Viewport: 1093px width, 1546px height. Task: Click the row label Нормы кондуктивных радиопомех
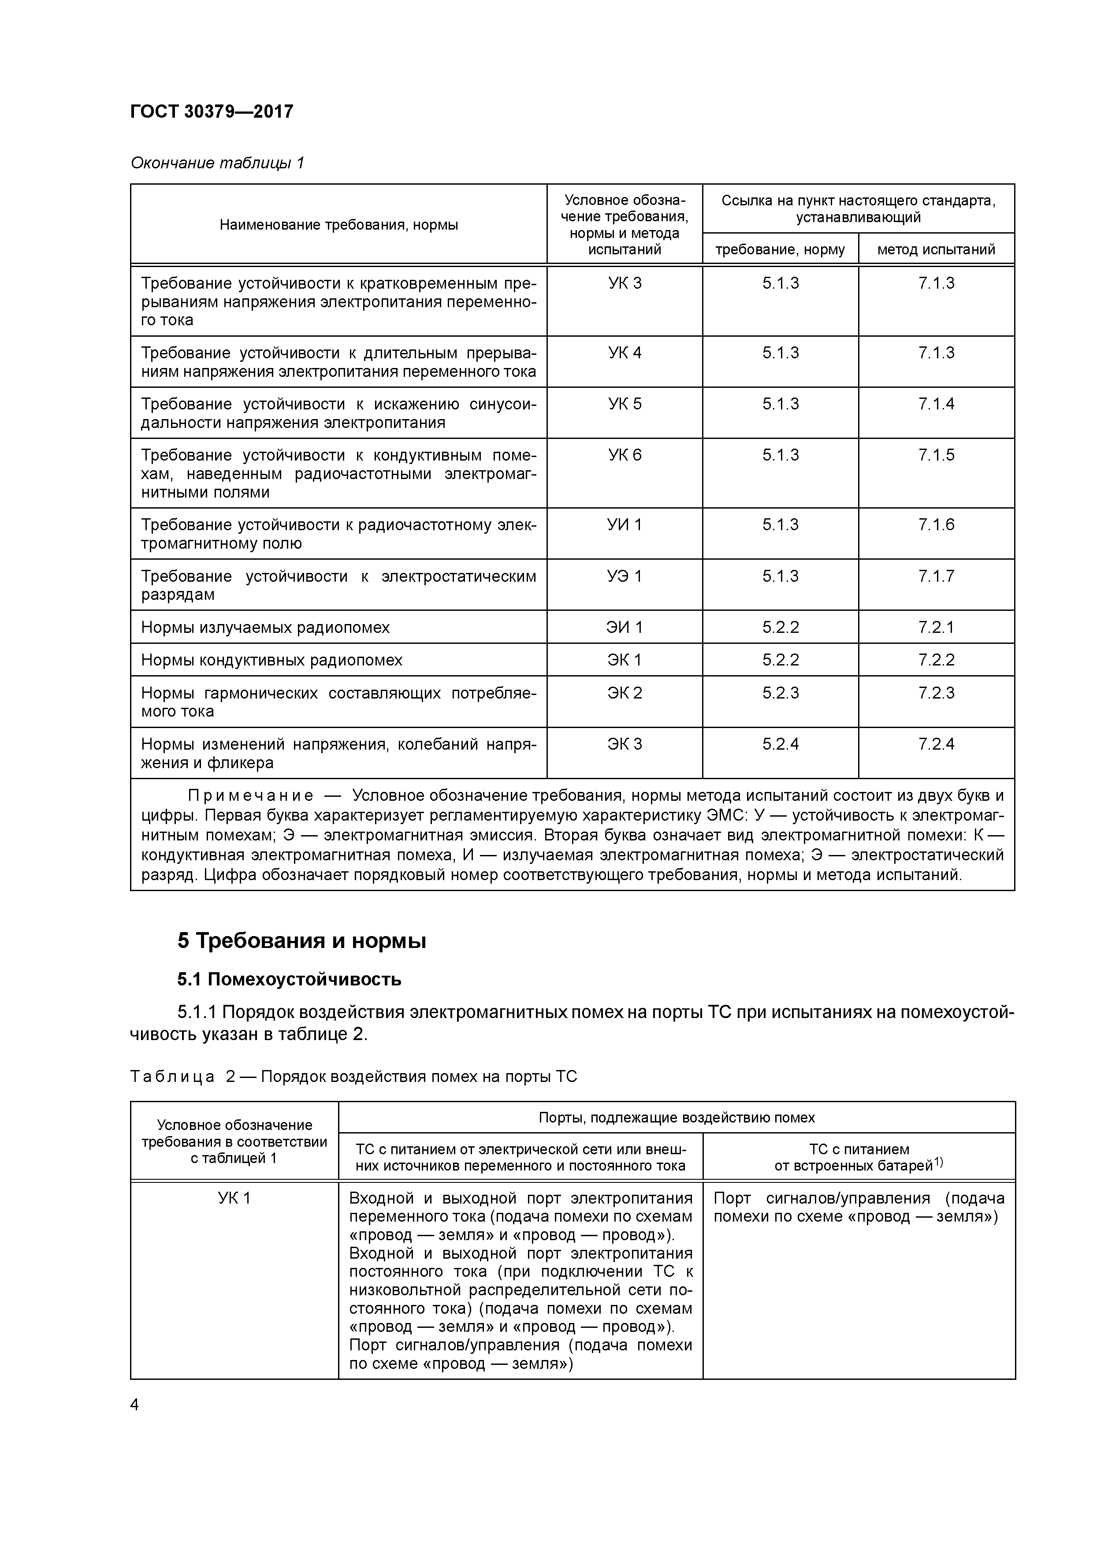pyautogui.click(x=271, y=660)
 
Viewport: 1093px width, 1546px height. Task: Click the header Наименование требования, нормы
pyautogui.click(x=339, y=225)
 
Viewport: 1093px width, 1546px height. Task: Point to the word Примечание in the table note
pyautogui.click(x=250, y=796)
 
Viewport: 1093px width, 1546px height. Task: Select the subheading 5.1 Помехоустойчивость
pyautogui.click(x=290, y=979)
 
